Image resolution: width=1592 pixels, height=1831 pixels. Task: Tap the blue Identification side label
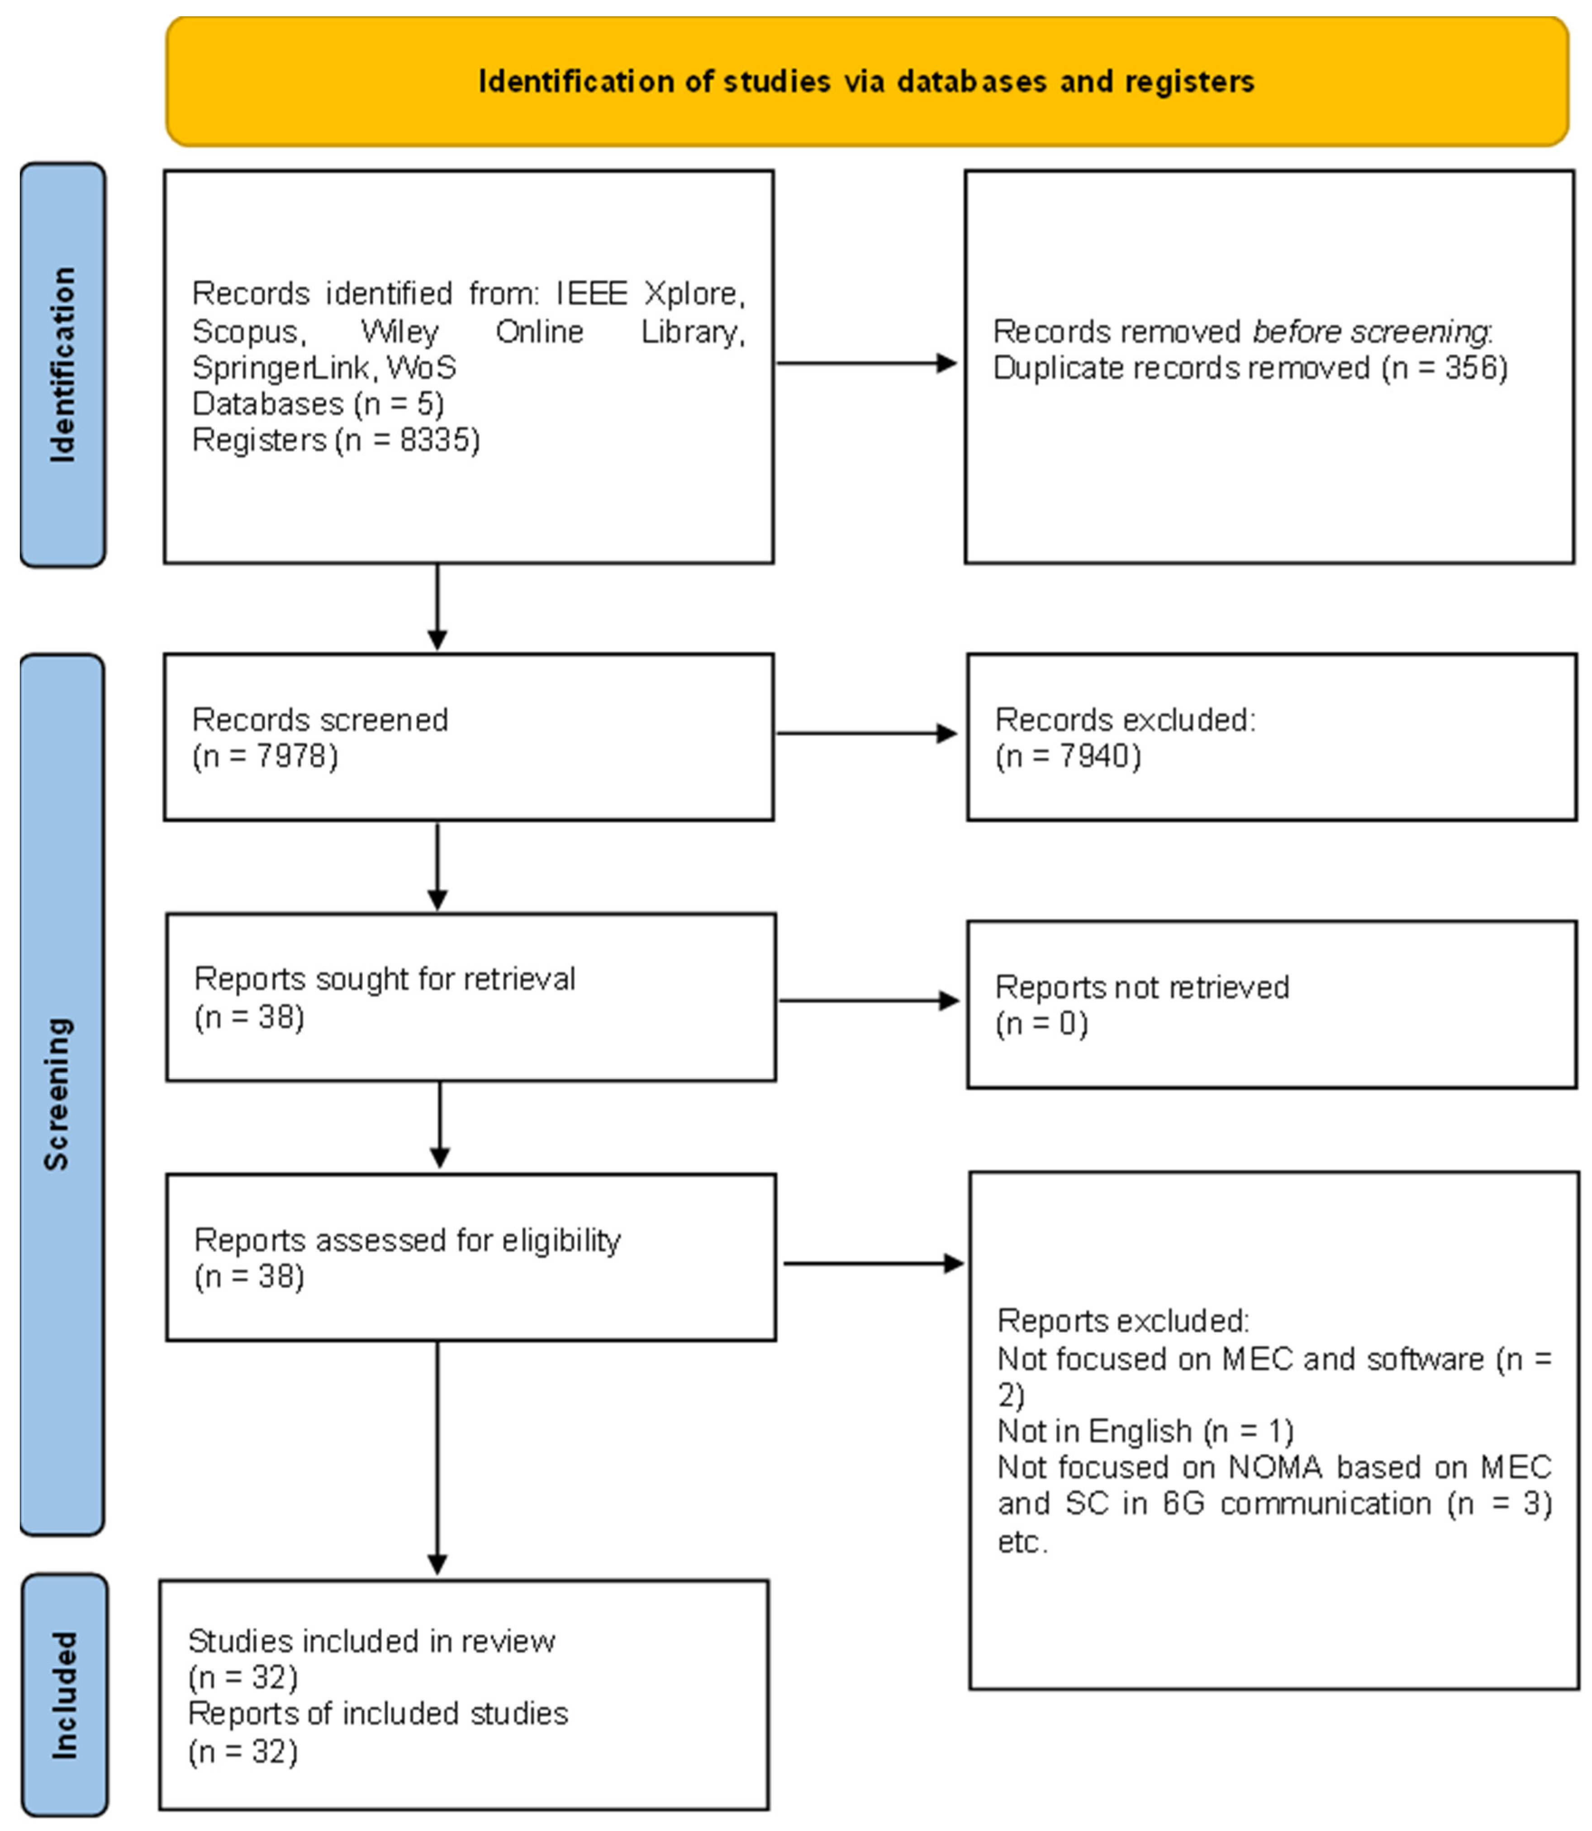click(x=62, y=364)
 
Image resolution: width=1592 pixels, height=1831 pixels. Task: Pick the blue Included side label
click(x=64, y=1695)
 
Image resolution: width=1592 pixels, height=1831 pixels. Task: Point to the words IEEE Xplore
click(x=649, y=293)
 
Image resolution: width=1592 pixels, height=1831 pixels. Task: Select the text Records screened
click(x=320, y=720)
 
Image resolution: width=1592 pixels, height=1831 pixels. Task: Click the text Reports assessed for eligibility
click(x=407, y=1240)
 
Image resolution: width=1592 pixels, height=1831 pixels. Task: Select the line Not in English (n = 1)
click(x=1145, y=1431)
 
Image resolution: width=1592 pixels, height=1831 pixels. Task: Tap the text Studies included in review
click(x=371, y=1641)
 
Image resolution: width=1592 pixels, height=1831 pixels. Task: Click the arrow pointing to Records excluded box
click(x=866, y=734)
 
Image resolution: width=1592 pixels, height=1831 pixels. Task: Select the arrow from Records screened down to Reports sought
click(x=437, y=866)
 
